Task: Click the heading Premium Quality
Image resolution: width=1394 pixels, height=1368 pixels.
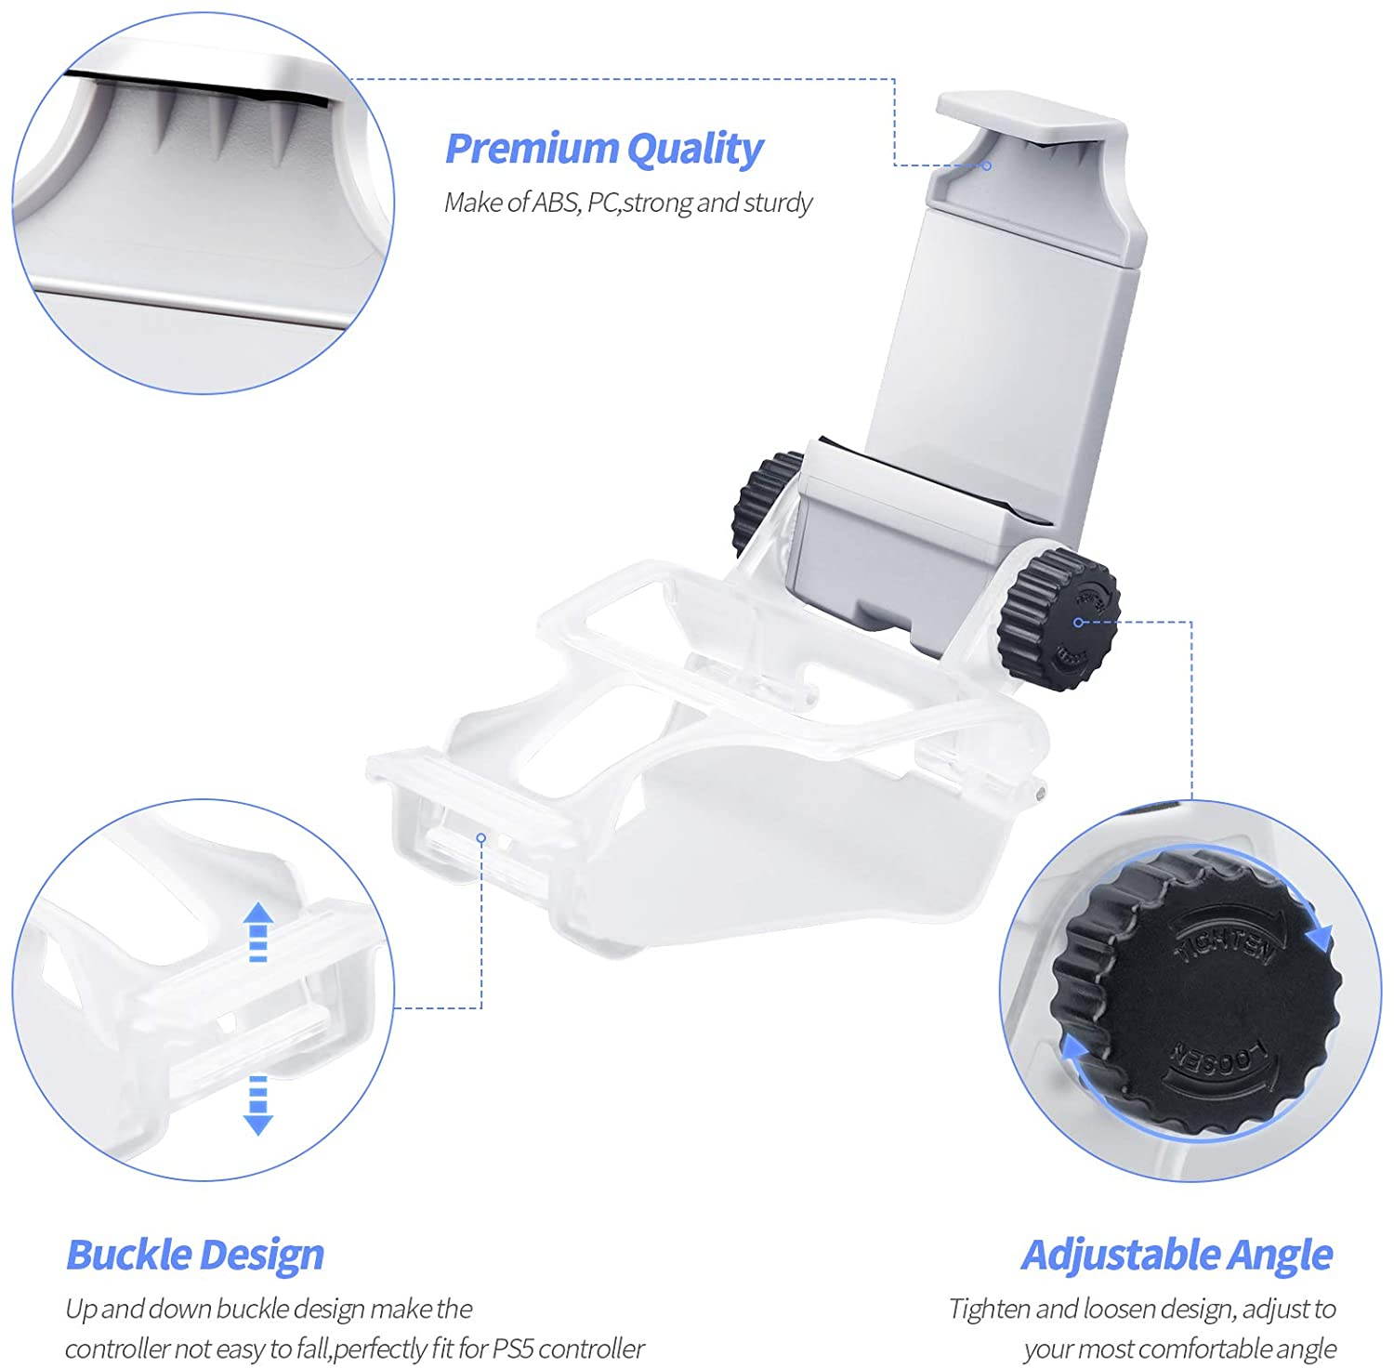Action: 604,150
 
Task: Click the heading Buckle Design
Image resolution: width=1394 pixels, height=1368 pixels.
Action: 195,1255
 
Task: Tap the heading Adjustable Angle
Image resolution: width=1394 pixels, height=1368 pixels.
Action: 1177,1255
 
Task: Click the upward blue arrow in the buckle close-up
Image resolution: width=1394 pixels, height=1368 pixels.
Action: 257,931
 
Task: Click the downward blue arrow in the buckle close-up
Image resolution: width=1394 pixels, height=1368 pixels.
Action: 257,1105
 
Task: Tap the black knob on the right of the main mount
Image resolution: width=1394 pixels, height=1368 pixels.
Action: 1059,617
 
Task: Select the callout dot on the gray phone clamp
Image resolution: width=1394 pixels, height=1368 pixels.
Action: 987,166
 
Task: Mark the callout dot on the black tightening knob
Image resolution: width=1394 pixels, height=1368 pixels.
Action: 1078,622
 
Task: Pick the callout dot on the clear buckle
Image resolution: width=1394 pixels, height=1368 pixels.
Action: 481,837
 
